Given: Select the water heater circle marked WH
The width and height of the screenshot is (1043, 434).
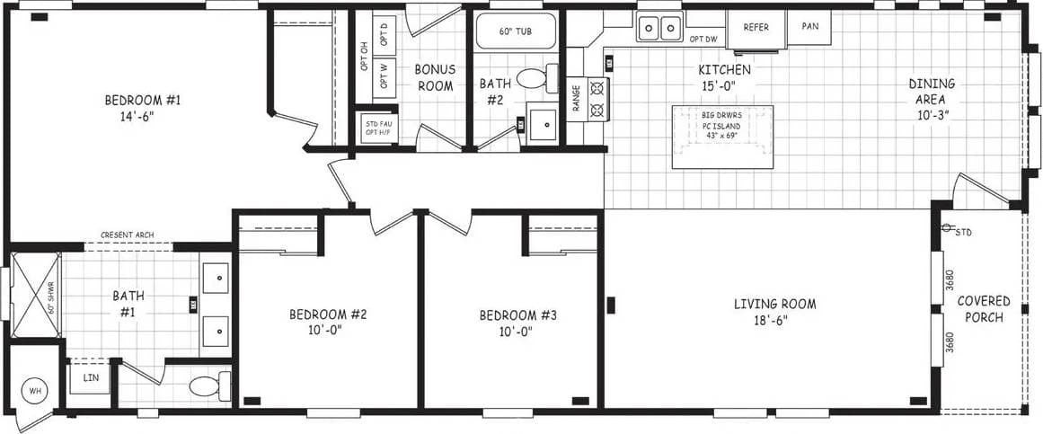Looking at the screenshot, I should click(x=35, y=390).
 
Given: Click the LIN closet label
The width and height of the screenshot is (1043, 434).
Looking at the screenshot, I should click(x=90, y=377).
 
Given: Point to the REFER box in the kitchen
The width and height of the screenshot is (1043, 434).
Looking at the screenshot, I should click(x=756, y=27).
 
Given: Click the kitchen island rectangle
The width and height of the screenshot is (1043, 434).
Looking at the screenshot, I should click(x=722, y=136).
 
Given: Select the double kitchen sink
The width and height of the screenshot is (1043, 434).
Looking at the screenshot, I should click(x=659, y=29).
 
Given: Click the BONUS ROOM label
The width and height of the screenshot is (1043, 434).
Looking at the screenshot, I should click(x=434, y=77).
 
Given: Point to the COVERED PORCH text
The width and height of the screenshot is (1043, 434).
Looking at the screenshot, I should click(x=983, y=309).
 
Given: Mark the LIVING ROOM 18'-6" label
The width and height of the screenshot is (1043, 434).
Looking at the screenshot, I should click(x=774, y=311).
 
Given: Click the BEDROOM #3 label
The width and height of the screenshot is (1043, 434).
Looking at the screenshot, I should click(x=518, y=322).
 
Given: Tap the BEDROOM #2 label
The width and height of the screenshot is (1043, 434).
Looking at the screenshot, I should click(x=328, y=322).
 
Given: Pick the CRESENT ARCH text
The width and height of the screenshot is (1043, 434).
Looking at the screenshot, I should click(x=127, y=235).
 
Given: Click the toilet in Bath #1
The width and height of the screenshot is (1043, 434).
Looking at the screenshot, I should click(x=208, y=386).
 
